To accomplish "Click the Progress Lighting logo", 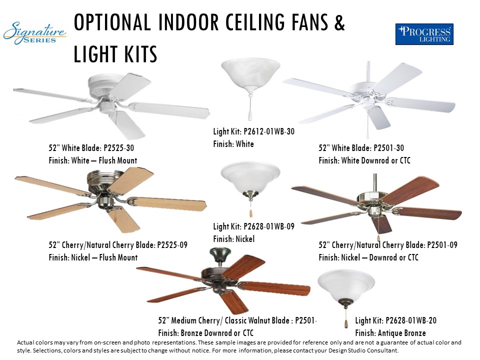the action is tap(424, 34).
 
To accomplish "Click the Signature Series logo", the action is tap(34, 33).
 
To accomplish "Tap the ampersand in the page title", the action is tap(339, 22).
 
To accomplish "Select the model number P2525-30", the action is tap(119, 148).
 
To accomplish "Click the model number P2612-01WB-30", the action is tap(269, 131).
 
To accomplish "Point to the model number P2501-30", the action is tap(389, 148).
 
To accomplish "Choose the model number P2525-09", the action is tap(172, 245).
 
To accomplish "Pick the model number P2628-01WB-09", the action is tap(269, 226).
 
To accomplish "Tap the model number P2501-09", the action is tap(442, 245).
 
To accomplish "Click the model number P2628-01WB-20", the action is tap(411, 320).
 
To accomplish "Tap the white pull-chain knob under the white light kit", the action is tap(250, 116).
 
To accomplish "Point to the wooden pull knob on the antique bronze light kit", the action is tap(346, 324).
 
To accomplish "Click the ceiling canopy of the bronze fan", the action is tap(220, 253).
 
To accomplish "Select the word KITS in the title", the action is tap(136, 54).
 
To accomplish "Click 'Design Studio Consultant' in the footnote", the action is tap(363, 350).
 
